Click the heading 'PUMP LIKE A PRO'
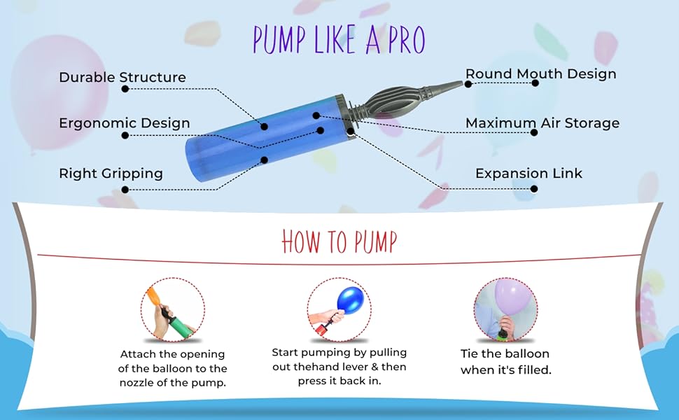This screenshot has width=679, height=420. [339, 40]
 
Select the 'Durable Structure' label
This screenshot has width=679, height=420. [122, 77]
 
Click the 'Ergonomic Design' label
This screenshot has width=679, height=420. [125, 123]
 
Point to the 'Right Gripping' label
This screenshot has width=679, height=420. [111, 174]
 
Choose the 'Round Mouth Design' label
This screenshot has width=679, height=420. [541, 73]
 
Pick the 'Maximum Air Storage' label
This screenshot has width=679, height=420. [542, 123]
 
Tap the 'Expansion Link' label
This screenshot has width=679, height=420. [528, 174]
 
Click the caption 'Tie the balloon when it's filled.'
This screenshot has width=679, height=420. [505, 362]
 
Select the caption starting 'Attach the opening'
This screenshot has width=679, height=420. [174, 368]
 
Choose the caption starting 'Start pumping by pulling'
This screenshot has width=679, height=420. [339, 366]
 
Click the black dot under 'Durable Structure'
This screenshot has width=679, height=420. [125, 89]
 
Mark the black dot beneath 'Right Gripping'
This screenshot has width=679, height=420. [125, 189]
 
